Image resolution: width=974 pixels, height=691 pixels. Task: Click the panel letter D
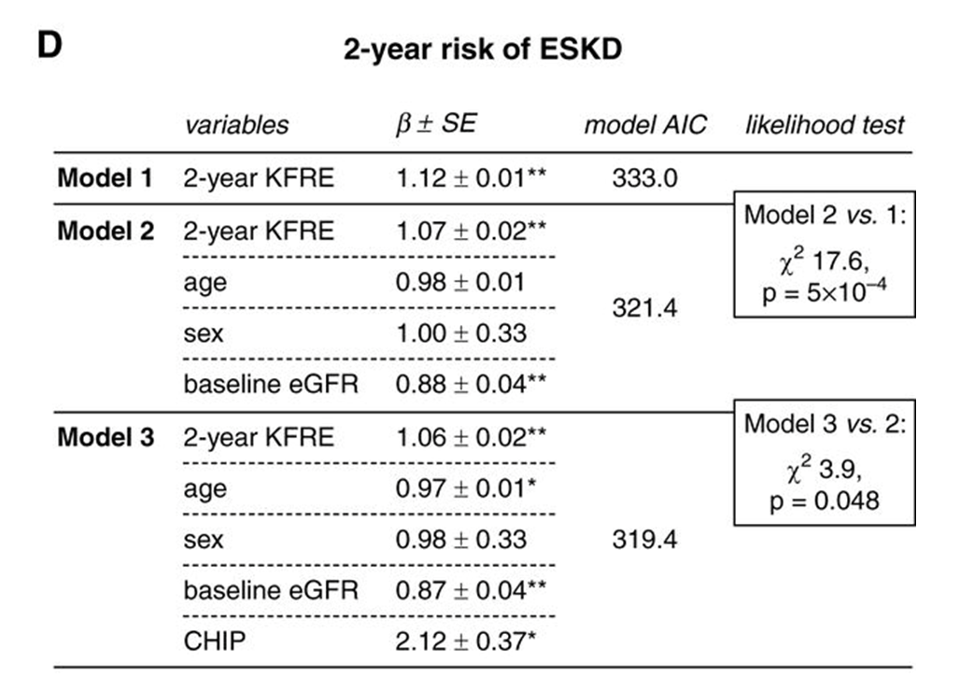(x=49, y=46)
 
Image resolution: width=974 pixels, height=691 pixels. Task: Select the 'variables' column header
(x=236, y=125)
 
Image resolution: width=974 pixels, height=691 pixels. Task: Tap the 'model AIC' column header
(x=645, y=125)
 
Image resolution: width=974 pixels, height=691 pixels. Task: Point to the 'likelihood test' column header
(x=825, y=125)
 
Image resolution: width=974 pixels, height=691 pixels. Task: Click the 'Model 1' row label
(x=106, y=177)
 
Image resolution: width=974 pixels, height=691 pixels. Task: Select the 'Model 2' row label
(x=106, y=231)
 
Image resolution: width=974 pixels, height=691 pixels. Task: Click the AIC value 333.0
(x=644, y=177)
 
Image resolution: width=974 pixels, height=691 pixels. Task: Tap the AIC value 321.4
(x=644, y=307)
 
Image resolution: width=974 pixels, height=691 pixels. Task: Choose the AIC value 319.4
(x=644, y=540)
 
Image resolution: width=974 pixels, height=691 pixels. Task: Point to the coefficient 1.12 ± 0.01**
(x=469, y=177)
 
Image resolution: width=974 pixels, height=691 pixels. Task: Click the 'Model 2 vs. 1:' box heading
(x=825, y=216)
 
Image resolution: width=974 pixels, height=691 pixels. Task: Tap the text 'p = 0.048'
(x=825, y=501)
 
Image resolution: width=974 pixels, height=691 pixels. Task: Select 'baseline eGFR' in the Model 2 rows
(x=271, y=385)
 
